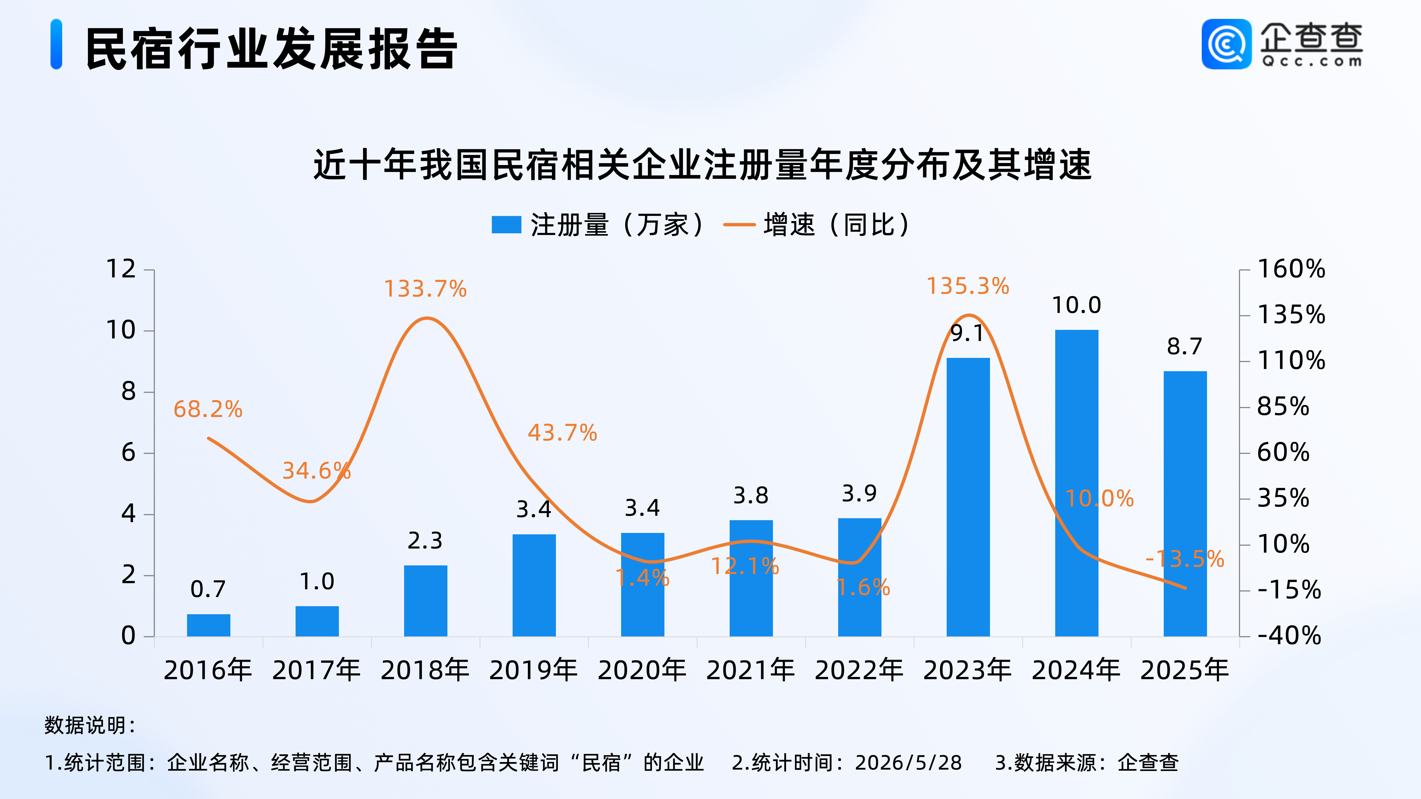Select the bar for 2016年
(208, 625)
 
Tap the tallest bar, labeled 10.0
(1077, 483)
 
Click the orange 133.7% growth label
(425, 289)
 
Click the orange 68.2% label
(208, 409)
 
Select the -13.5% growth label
(1185, 558)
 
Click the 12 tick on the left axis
(121, 269)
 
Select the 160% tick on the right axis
(1291, 269)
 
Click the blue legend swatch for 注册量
(507, 224)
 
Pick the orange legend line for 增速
(739, 224)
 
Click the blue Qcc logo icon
(1227, 44)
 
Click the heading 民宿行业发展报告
(271, 49)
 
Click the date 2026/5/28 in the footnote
(909, 763)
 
